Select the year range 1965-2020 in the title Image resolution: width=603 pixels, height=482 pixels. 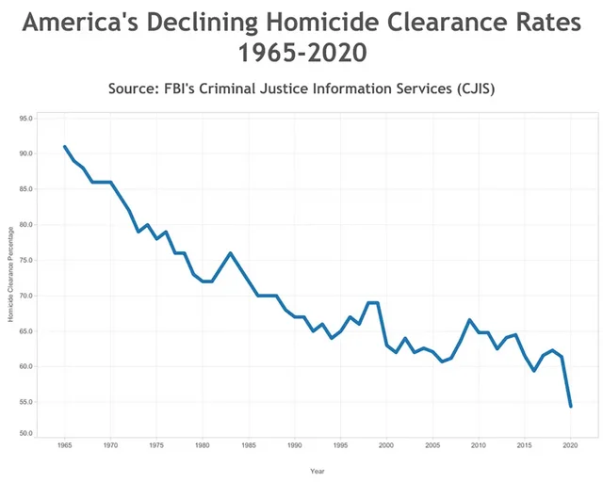pos(301,54)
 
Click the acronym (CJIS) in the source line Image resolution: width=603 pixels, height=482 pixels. pos(465,88)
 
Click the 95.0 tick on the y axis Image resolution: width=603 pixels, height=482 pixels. pos(25,119)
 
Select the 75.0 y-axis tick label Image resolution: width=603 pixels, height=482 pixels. pos(25,261)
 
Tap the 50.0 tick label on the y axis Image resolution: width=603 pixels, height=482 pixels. pos(25,433)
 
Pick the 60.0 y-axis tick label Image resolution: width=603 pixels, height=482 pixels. pos(25,367)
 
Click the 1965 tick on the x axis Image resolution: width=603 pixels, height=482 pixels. pos(64,444)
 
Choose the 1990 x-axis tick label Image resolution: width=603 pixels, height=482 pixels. pos(295,444)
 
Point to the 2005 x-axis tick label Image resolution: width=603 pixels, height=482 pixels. pos(432,444)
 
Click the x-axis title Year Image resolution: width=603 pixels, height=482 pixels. pos(318,470)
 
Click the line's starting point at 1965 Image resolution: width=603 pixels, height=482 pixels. pos(64,147)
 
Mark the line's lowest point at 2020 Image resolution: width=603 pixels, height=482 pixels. pos(571,406)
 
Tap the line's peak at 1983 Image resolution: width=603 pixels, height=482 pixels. pos(230,253)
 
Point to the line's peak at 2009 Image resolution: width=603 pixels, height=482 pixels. pos(469,320)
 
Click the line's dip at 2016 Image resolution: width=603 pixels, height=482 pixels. pos(534,371)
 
